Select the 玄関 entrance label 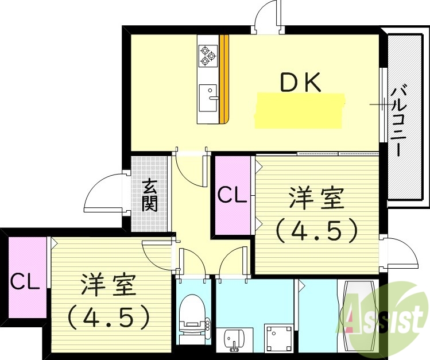(150, 195)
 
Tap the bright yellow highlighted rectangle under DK (300, 111)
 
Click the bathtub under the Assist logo (360, 316)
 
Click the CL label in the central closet (232, 195)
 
